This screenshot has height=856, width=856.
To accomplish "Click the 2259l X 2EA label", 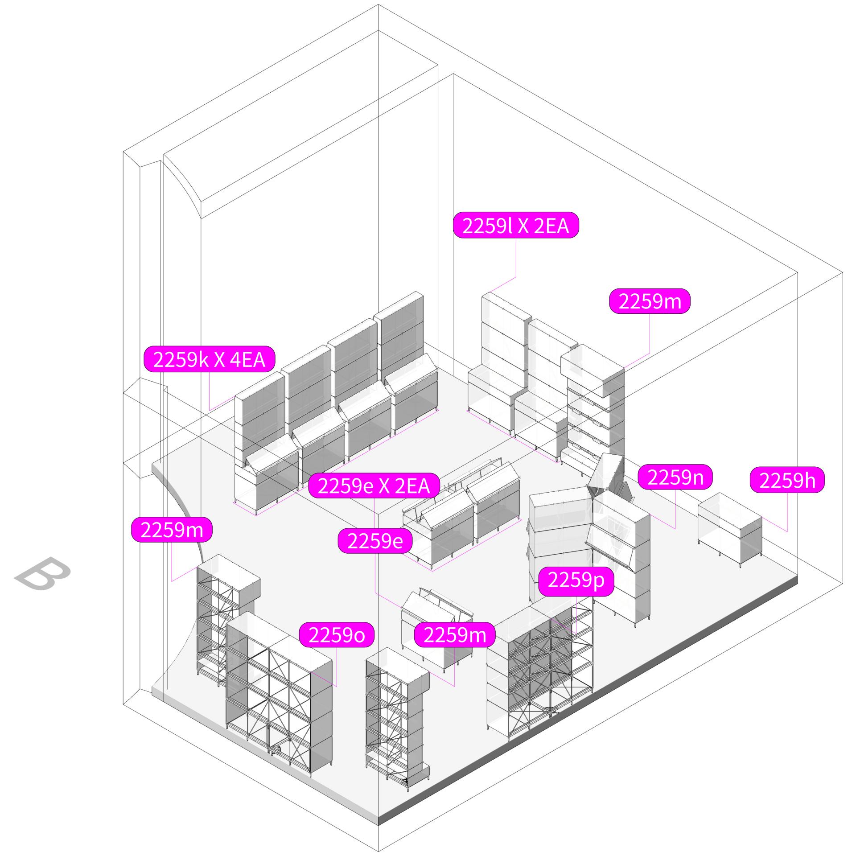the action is [516, 226].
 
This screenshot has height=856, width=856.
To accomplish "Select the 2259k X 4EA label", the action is [209, 359].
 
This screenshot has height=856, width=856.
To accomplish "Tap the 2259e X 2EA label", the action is [374, 486].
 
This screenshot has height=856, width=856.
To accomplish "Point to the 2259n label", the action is [675, 477].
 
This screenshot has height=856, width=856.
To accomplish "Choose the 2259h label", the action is [787, 480].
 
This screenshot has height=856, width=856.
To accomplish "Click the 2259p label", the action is [576, 580].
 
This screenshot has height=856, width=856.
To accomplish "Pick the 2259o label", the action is [336, 635].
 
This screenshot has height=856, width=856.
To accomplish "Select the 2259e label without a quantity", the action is [375, 541].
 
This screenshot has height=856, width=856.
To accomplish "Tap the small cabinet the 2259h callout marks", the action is [730, 528].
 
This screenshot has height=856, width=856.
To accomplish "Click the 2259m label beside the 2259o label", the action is [454, 634].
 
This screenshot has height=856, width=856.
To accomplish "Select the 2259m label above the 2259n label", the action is [650, 301].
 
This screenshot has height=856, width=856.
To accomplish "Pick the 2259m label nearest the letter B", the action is [172, 530].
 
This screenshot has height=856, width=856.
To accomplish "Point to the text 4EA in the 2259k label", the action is [247, 359].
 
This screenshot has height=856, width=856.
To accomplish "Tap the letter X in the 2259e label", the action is [384, 486].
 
